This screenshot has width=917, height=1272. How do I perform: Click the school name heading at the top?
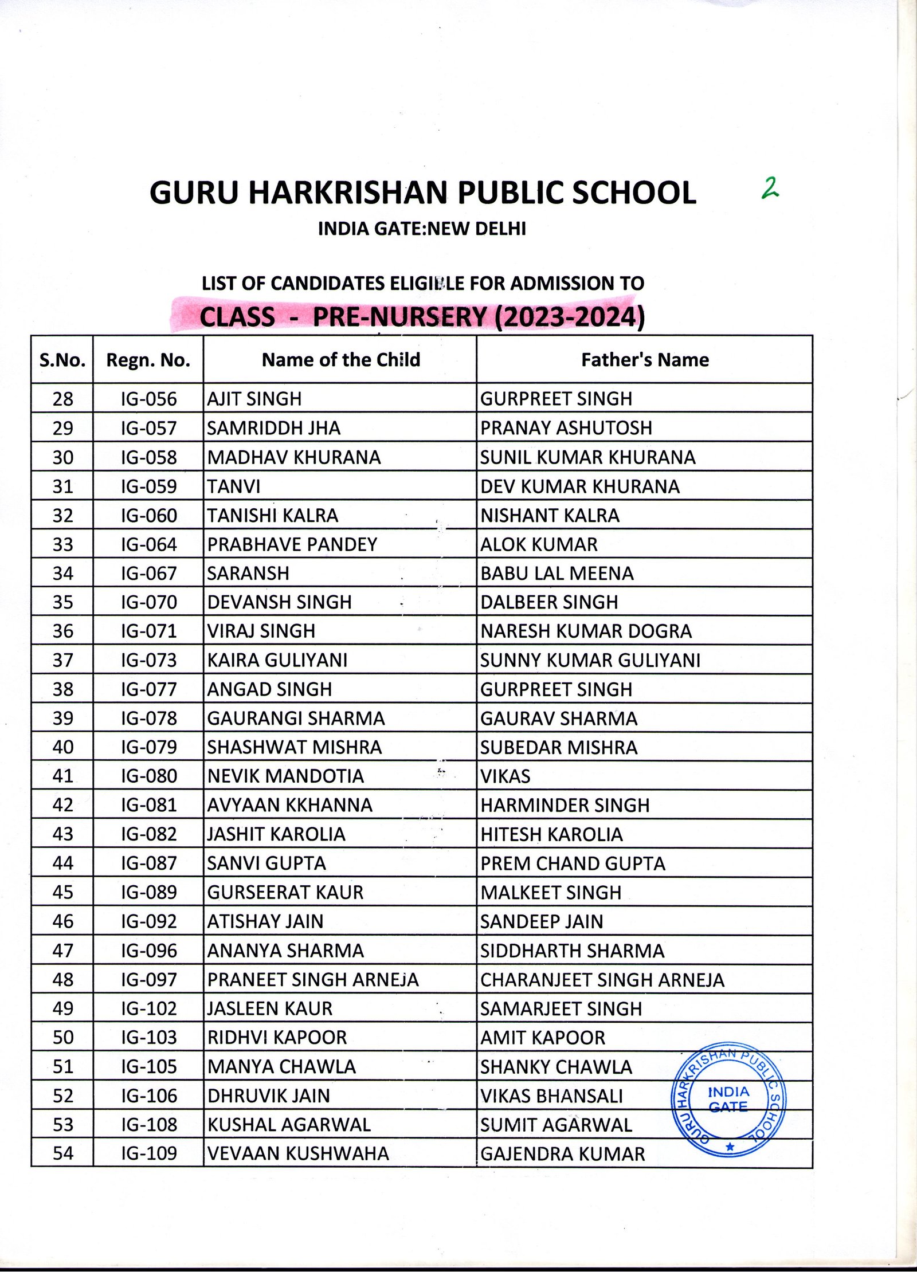click(x=422, y=193)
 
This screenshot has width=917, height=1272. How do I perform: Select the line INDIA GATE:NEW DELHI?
click(x=422, y=229)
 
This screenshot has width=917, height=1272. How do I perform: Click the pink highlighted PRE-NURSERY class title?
click(x=422, y=317)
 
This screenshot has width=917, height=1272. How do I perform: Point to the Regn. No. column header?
click(x=148, y=360)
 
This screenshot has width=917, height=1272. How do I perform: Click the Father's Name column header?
click(x=645, y=360)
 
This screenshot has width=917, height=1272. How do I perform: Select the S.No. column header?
click(x=62, y=360)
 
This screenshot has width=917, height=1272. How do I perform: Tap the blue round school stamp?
click(x=728, y=1099)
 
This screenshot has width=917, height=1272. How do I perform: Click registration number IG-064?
click(x=148, y=544)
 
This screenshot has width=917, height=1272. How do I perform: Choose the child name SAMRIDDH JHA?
click(x=273, y=428)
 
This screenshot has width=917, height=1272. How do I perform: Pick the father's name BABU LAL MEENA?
click(x=557, y=574)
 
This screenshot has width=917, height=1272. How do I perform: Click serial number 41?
click(x=62, y=776)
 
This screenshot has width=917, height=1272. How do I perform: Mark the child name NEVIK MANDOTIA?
click(x=285, y=776)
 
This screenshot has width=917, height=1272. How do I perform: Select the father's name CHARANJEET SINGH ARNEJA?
click(x=602, y=980)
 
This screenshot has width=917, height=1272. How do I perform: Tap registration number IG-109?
click(x=148, y=1153)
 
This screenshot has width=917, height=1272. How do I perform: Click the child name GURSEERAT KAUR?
click(x=285, y=893)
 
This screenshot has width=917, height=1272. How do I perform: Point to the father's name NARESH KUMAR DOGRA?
click(x=586, y=631)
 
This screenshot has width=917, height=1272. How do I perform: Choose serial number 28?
click(x=62, y=399)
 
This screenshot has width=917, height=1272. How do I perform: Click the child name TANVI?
click(x=234, y=486)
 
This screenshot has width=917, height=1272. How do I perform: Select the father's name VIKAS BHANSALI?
click(x=551, y=1096)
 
